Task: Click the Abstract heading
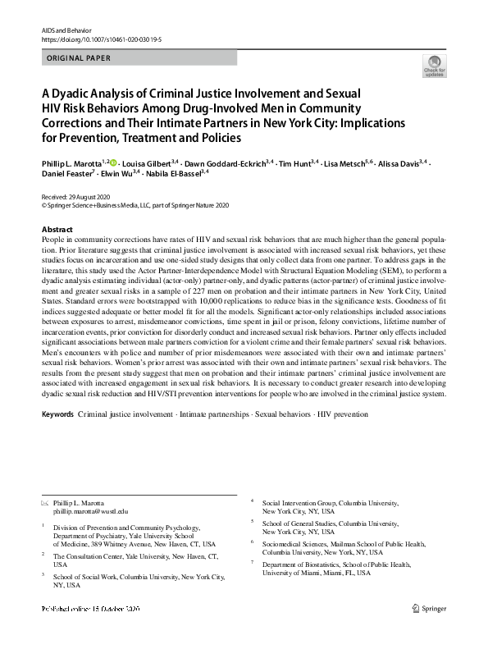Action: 57,229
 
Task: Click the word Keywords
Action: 57,414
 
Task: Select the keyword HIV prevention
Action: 343,414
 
